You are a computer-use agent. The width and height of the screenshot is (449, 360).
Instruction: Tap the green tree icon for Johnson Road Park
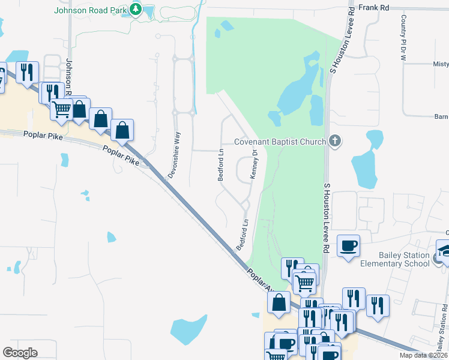[x=136, y=10]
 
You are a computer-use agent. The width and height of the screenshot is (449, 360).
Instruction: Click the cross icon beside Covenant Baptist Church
[x=335, y=142]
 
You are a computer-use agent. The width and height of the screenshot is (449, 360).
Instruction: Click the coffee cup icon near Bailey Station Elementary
[x=348, y=245]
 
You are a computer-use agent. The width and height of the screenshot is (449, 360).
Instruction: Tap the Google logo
[x=20, y=353]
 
